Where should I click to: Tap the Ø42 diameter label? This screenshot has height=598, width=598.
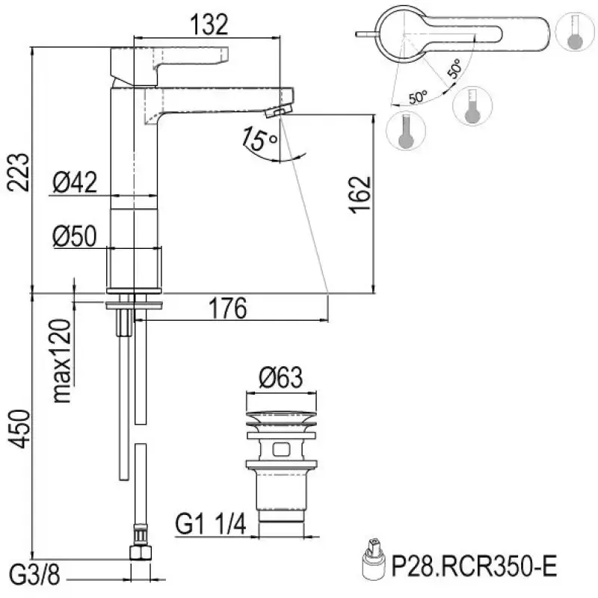pyautogui.click(x=75, y=182)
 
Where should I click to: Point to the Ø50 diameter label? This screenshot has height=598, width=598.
pyautogui.click(x=75, y=235)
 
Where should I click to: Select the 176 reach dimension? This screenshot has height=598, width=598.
pyautogui.click(x=226, y=308)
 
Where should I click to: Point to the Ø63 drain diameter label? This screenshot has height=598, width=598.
pyautogui.click(x=281, y=378)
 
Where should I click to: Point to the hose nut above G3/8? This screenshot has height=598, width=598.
pyautogui.click(x=139, y=554)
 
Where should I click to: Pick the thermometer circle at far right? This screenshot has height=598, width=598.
pyautogui.click(x=574, y=34)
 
